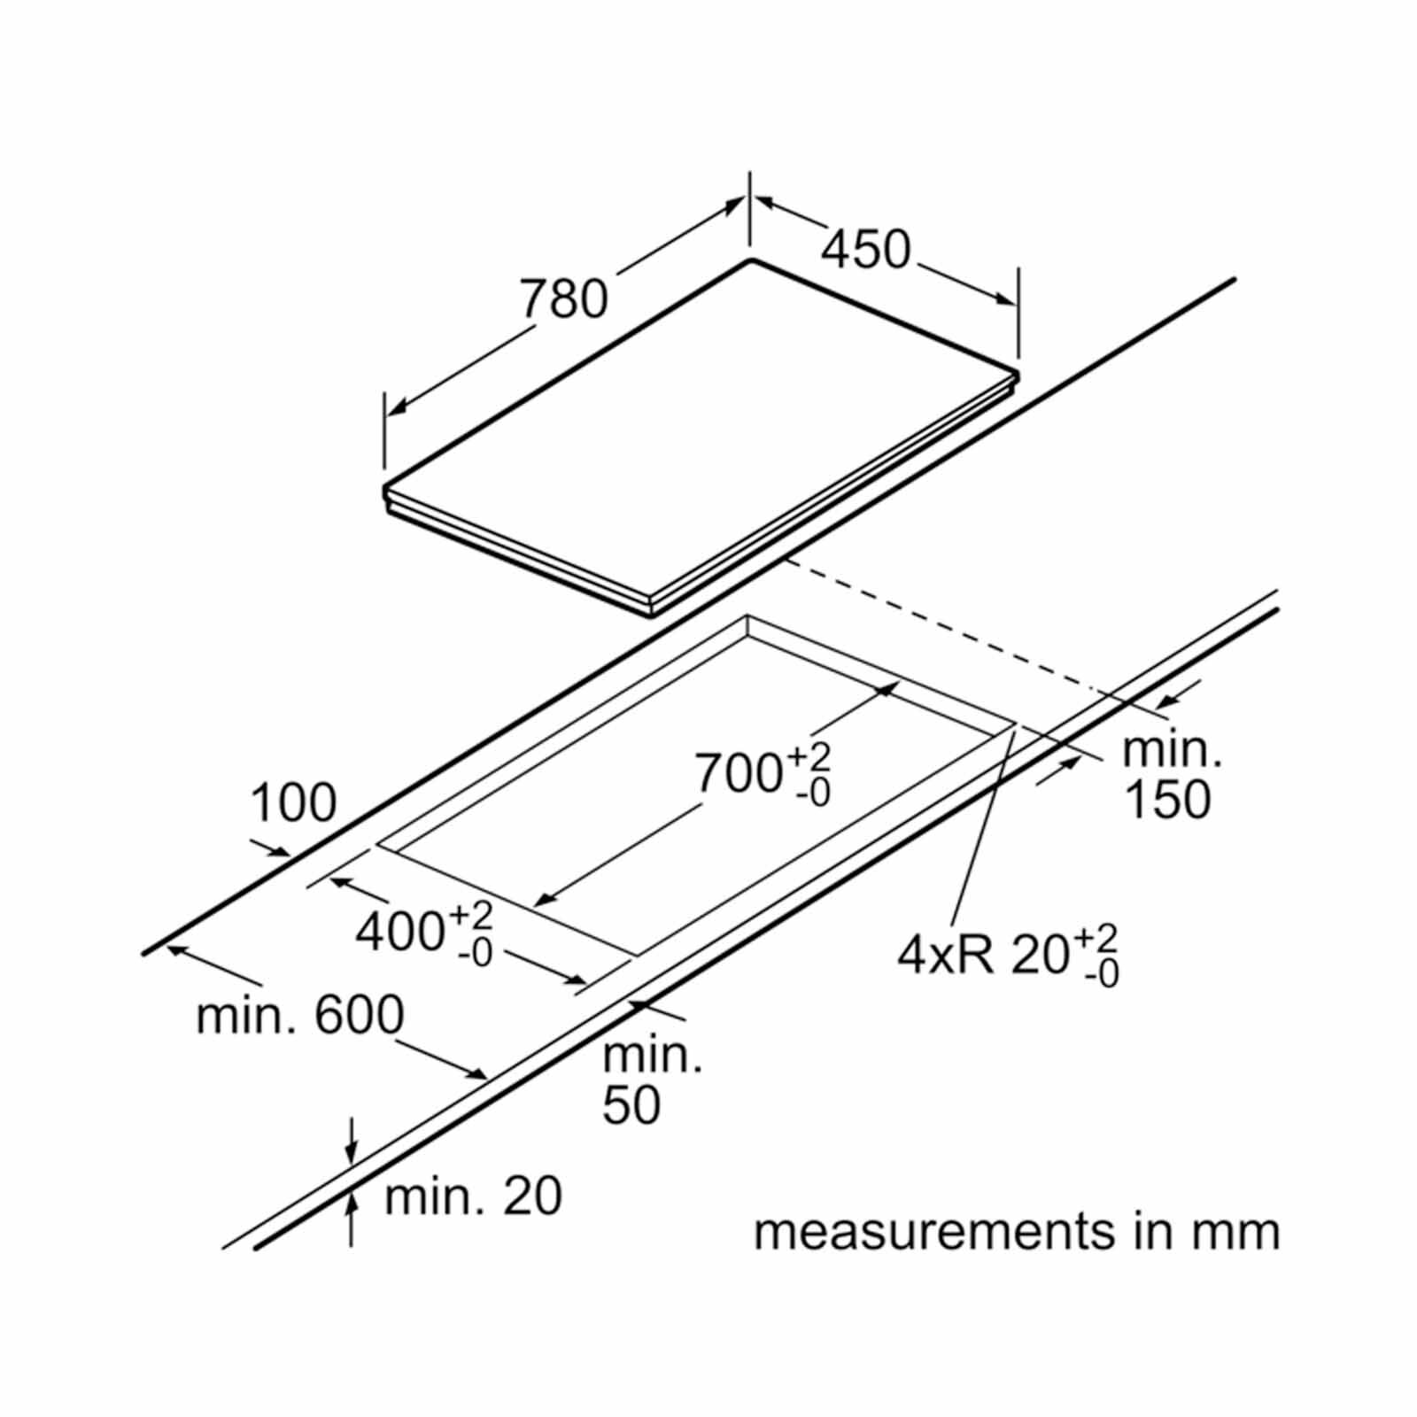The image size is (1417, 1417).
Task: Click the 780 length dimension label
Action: [x=563, y=298]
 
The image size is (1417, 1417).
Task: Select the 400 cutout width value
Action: [x=399, y=931]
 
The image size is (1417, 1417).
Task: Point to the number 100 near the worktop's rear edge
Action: [x=294, y=803]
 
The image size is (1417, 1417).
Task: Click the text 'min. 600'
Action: [x=300, y=1016]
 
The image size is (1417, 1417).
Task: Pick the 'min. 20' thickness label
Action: [x=474, y=1196]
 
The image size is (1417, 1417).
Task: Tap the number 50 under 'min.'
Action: [x=631, y=1105]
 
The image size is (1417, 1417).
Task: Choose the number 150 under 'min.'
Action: [x=1167, y=799]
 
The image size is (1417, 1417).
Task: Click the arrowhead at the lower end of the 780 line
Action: [x=397, y=408]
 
